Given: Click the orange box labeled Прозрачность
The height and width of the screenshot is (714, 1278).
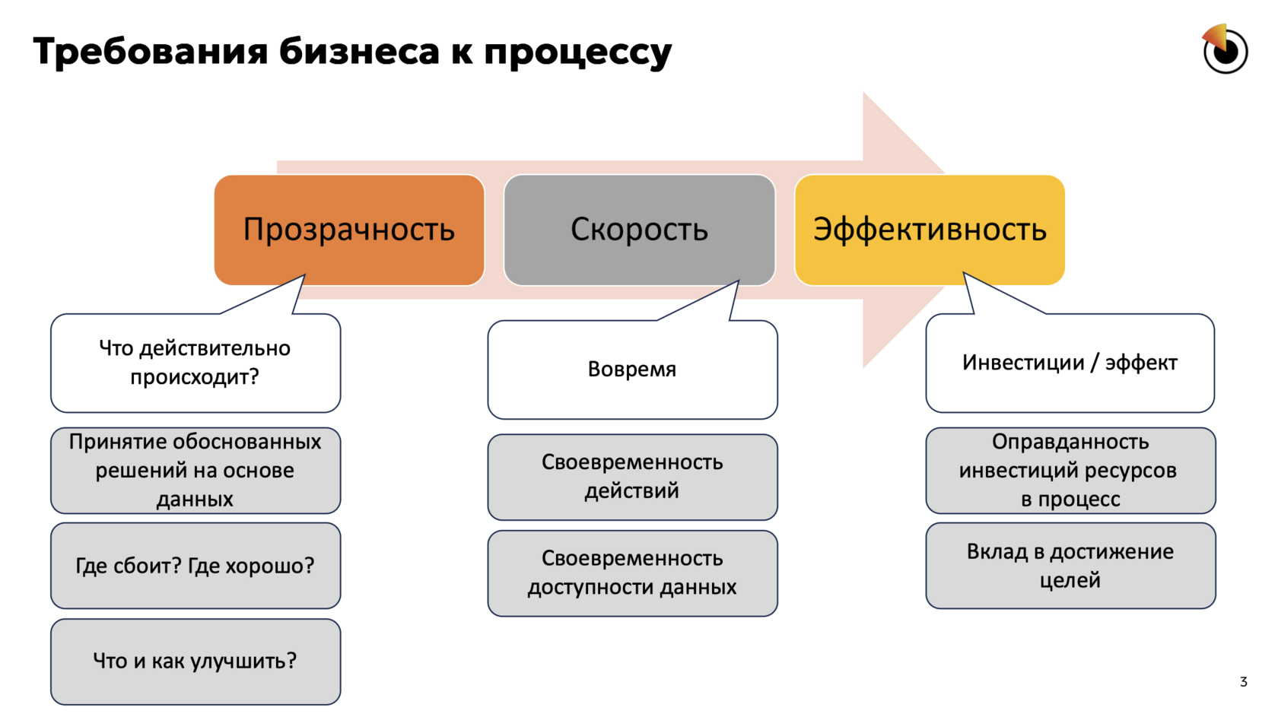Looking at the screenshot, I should [349, 230].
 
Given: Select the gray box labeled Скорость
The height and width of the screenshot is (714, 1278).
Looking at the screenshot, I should [639, 230].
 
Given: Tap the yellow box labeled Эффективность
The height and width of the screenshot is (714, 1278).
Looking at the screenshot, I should [930, 230].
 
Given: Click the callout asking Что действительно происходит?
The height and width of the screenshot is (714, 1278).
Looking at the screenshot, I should [195, 363].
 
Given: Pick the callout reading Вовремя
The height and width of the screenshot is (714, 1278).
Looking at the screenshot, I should [632, 370].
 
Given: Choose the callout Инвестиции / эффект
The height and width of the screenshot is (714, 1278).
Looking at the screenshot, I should [1070, 363].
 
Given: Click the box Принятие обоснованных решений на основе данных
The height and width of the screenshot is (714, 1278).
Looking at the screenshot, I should [195, 471].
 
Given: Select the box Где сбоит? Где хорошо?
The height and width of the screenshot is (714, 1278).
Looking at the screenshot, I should [195, 566].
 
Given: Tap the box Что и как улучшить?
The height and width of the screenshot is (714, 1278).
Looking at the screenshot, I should [195, 662].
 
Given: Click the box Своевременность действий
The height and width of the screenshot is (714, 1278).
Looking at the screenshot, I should [632, 477].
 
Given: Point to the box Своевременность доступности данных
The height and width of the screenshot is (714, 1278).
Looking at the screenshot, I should [632, 573].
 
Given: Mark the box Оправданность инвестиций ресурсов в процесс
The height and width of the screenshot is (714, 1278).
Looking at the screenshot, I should [1070, 471].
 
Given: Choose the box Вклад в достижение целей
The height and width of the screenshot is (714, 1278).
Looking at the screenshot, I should [1070, 566].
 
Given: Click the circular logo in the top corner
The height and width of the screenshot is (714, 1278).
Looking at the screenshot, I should [1225, 50].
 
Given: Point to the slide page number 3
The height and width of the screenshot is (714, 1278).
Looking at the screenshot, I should [1243, 682].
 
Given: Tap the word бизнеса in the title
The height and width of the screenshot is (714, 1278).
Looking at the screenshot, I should [359, 52].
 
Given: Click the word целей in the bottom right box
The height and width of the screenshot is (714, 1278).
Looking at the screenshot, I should [1070, 580].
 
